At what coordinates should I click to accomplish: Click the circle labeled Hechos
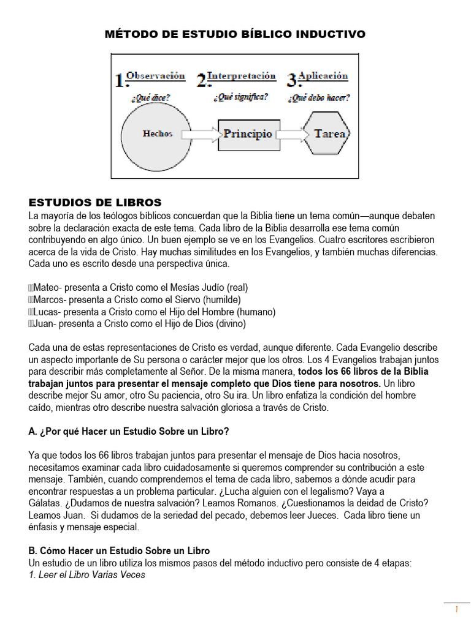pos(157,134)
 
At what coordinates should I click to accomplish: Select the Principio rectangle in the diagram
pos(248,134)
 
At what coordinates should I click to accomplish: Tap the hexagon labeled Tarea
pos(330,134)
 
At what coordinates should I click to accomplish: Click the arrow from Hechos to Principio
pos(201,134)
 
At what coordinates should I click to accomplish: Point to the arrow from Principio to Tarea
pos(291,134)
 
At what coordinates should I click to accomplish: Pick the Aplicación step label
pos(323,77)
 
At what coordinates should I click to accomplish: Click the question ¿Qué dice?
pos(150,97)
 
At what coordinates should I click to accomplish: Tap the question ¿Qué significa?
pos(240,97)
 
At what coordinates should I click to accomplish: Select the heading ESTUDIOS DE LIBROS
pos(95,202)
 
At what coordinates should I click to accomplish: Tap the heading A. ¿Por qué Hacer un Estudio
pos(129,431)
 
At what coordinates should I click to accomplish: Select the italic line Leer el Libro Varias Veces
pos(87,574)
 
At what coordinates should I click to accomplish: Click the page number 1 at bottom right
pos(456,610)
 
